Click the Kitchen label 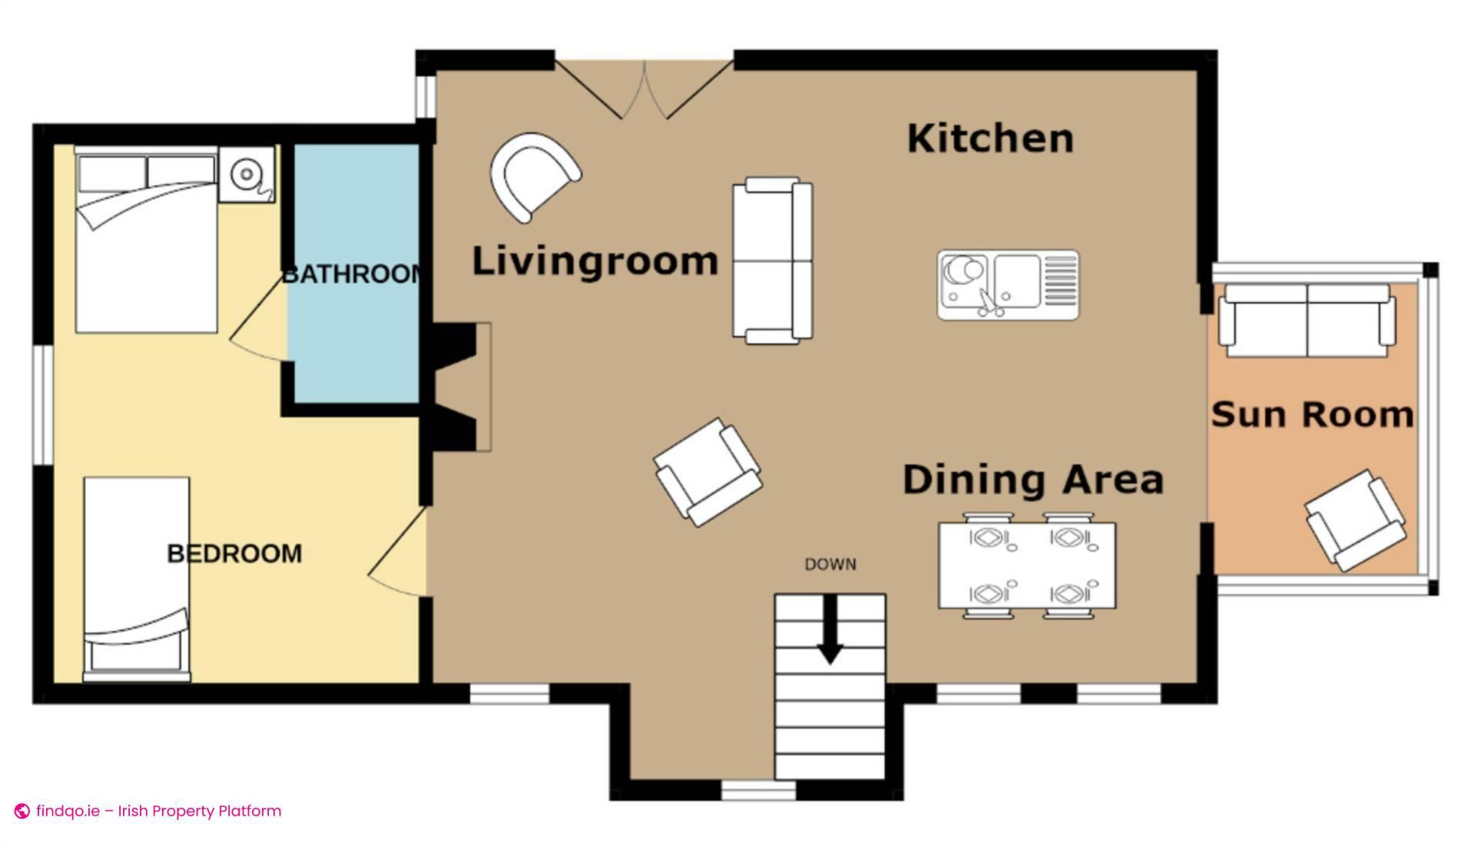pyautogui.click(x=989, y=139)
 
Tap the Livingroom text pyautogui.click(x=595, y=261)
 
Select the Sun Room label pyautogui.click(x=1312, y=415)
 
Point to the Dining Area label pyautogui.click(x=1032, y=480)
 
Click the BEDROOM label pyautogui.click(x=234, y=553)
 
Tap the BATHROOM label pyautogui.click(x=352, y=274)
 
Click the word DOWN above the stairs pyautogui.click(x=830, y=565)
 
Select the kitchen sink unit pyautogui.click(x=1007, y=284)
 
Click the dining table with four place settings pyautogui.click(x=1026, y=565)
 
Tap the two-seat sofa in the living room pyautogui.click(x=771, y=261)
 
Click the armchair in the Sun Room pyautogui.click(x=1356, y=520)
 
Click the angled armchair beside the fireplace pyautogui.click(x=707, y=472)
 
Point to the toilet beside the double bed pyautogui.click(x=246, y=175)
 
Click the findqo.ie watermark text pyautogui.click(x=157, y=811)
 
